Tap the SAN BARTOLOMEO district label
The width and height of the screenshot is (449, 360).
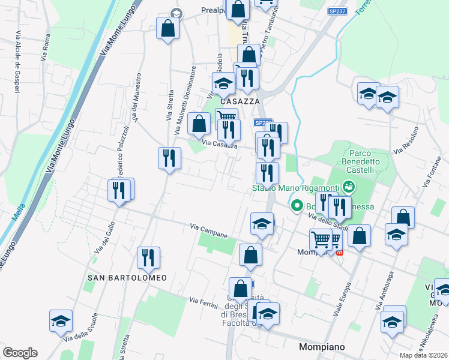point(127,278)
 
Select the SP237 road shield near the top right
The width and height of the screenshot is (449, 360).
point(337,11)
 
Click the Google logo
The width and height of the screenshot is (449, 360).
point(20,353)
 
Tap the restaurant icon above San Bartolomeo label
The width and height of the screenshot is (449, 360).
point(148,257)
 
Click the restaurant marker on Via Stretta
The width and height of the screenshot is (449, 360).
point(169,158)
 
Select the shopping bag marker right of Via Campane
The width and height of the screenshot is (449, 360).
point(250,254)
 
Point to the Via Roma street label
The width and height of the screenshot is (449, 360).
point(46,47)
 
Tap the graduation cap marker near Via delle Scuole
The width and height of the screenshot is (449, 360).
point(61,321)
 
